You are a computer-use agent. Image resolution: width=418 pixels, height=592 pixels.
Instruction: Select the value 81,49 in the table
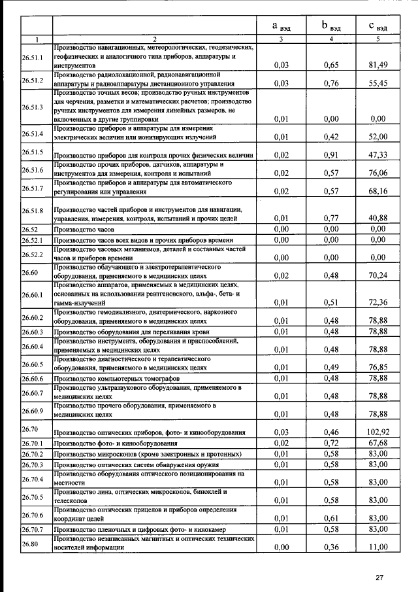point(378,65)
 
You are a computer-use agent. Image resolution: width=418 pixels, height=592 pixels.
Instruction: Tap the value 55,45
point(378,83)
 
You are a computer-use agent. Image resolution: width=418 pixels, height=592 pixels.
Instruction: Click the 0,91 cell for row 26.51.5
point(332,154)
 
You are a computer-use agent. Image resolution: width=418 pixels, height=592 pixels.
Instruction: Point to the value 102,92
point(378,432)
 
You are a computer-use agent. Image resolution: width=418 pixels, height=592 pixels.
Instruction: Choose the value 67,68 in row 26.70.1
point(378,444)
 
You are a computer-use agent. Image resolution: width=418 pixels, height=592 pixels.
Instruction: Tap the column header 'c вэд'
point(378,26)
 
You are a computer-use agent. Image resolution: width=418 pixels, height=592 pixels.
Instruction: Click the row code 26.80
point(30,543)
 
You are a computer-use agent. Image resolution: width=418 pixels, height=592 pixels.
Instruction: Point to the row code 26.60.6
point(32,379)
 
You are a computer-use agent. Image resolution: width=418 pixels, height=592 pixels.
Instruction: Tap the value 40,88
point(378,218)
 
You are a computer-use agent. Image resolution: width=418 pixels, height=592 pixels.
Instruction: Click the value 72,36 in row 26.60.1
point(378,302)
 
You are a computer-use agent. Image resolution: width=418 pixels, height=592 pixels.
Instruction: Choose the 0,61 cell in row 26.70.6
point(332,517)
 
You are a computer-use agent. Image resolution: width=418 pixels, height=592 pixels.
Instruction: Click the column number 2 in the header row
point(154,39)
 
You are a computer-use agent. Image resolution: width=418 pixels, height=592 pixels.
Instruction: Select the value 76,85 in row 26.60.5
point(378,367)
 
